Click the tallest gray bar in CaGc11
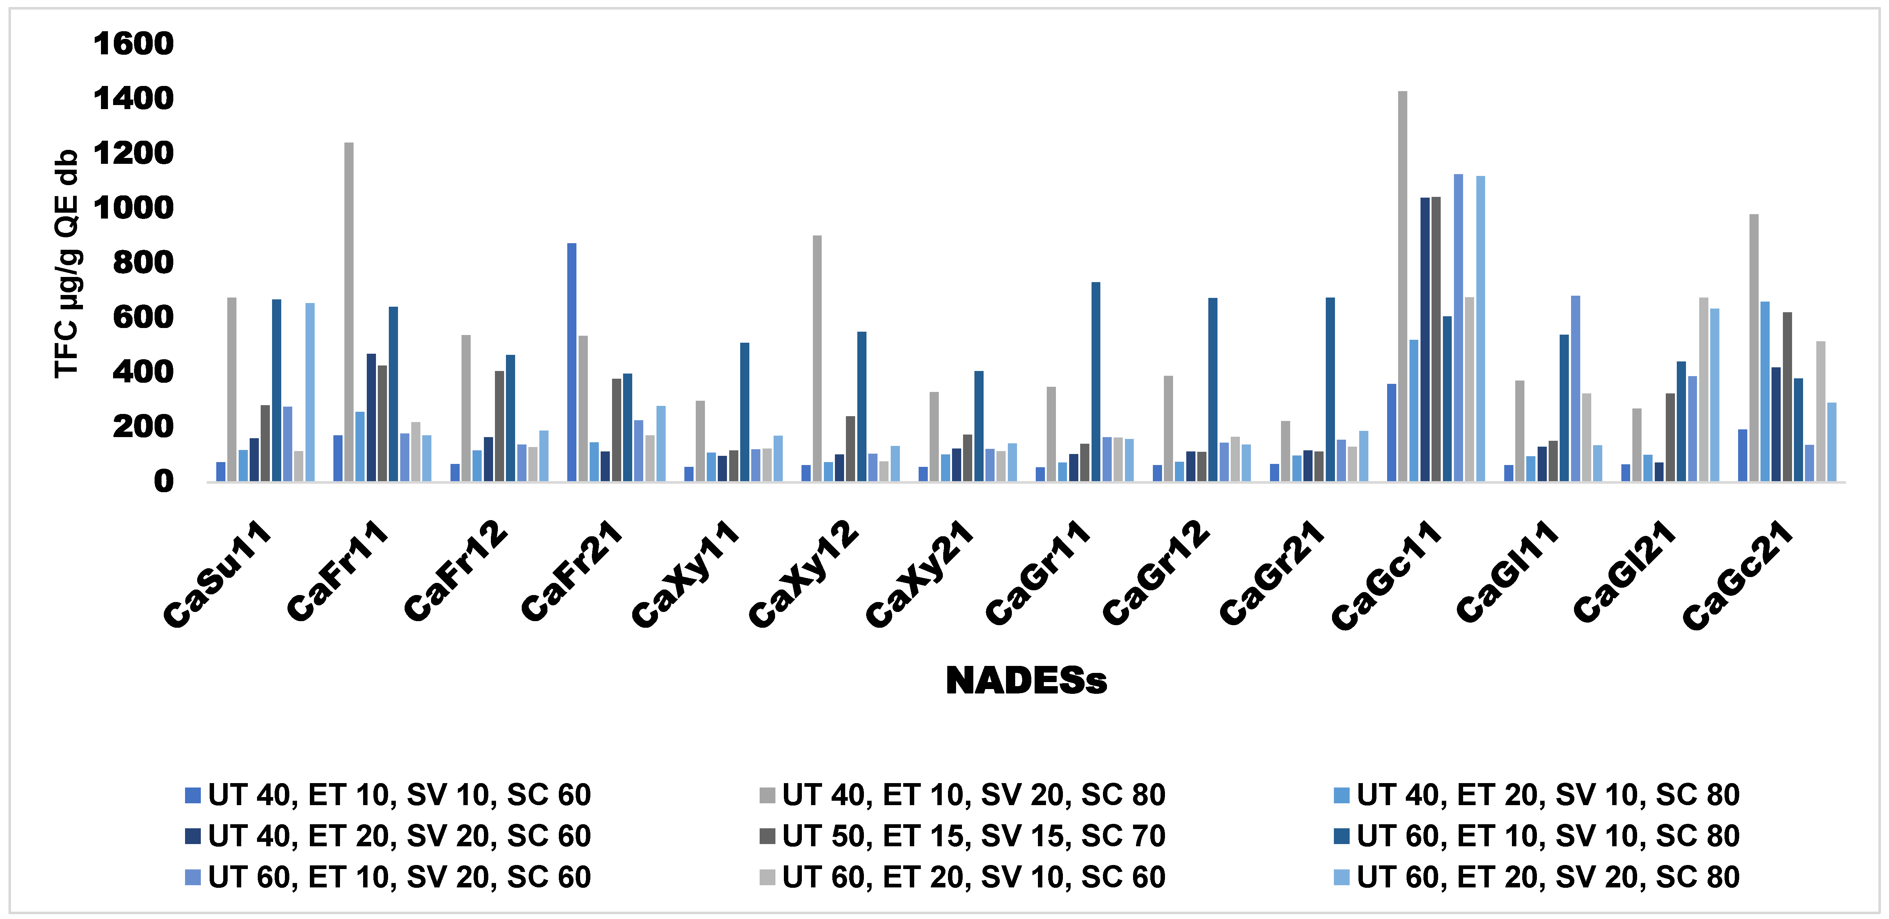pos(1402,286)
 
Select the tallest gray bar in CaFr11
pos(349,312)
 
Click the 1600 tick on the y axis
pos(134,44)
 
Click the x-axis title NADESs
pos(1026,681)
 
